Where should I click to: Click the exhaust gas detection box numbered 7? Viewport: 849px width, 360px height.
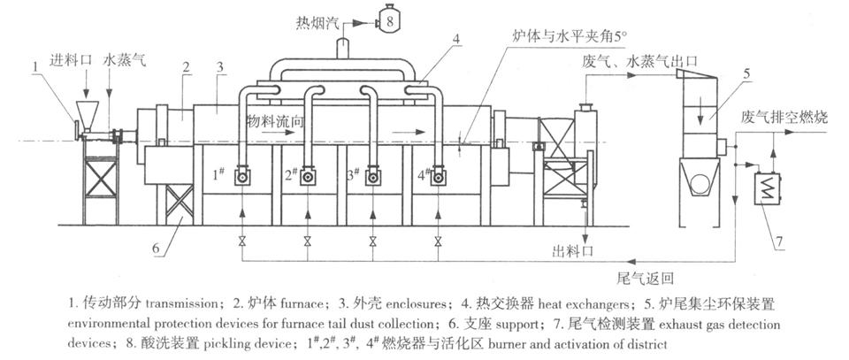tap(762, 187)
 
